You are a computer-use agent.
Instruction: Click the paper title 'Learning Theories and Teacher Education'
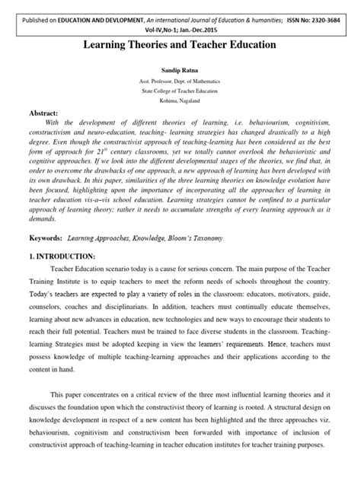click(x=180, y=46)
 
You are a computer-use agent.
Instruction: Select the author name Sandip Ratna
click(x=180, y=70)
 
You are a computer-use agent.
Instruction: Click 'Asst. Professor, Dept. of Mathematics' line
click(x=180, y=81)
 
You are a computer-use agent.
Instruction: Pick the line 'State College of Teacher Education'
click(x=180, y=91)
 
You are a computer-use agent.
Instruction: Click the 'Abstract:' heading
click(x=47, y=111)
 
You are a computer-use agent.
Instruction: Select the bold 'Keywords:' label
click(x=46, y=238)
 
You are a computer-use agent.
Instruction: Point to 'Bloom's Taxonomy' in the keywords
click(x=174, y=238)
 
